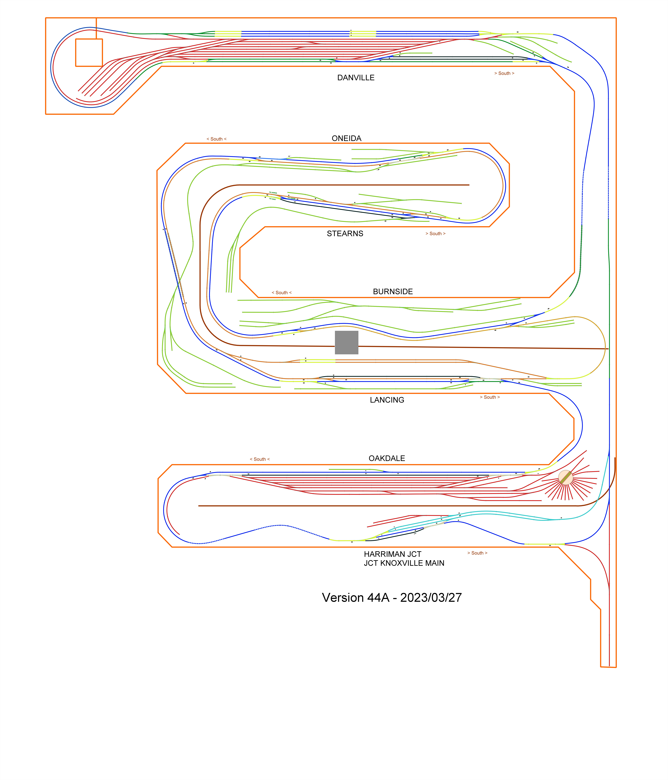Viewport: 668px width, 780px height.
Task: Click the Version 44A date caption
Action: (392, 598)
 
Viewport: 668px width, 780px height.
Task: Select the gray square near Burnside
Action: (346, 343)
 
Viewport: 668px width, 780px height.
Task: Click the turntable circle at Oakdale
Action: (565, 477)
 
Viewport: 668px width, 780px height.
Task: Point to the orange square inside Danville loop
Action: (89, 53)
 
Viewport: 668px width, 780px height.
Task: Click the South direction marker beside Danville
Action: (504, 73)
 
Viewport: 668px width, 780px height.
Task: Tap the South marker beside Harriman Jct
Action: (477, 553)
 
